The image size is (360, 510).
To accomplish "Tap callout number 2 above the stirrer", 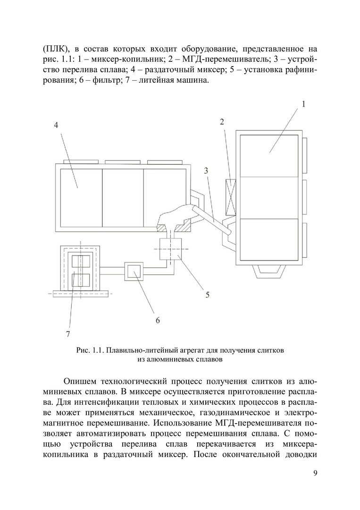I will pyautogui.click(x=222, y=122).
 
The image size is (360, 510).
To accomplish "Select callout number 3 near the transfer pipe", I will pyautogui.click(x=206, y=170).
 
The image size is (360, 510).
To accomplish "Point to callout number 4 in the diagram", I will pyautogui.click(x=56, y=125).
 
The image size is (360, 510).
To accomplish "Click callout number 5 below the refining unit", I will pyautogui.click(x=207, y=295).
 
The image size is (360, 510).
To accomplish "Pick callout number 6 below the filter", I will pyautogui.click(x=158, y=320).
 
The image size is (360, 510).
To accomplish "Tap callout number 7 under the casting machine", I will pyautogui.click(x=68, y=334).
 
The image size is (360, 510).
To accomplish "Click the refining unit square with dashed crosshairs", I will pyautogui.click(x=170, y=249).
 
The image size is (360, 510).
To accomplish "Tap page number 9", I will pyautogui.click(x=315, y=474).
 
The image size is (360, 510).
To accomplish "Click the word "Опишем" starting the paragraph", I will pyautogui.click(x=80, y=382).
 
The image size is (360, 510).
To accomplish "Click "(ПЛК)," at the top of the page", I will pyautogui.click(x=57, y=49).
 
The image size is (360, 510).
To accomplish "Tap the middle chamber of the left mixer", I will pyautogui.click(x=123, y=197).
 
